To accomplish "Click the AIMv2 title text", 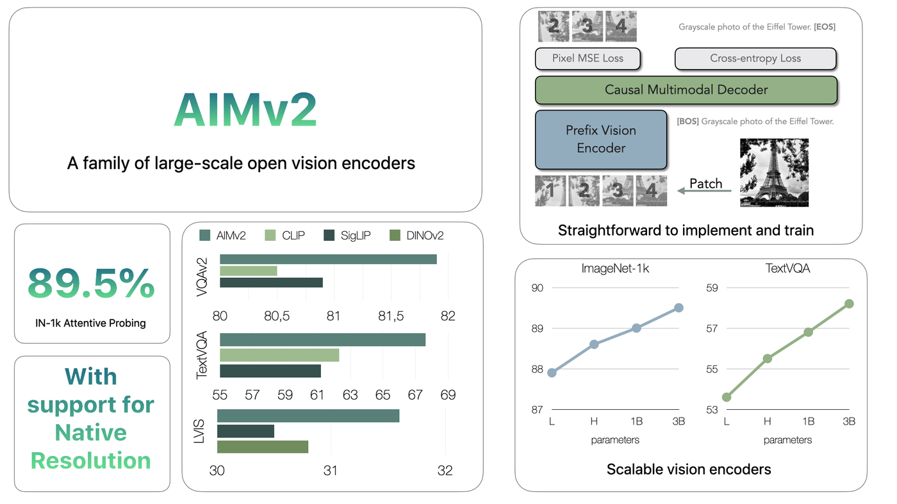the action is [245, 110].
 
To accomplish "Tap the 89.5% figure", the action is [91, 284].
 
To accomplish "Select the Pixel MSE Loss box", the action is [588, 58].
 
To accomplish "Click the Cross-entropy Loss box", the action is [755, 58].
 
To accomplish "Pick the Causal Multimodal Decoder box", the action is [686, 90].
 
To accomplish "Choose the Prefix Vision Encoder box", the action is [601, 140].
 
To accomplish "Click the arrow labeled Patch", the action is [704, 191].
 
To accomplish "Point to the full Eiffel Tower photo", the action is [774, 172].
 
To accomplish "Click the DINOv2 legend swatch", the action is [395, 236].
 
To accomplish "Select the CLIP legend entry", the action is [284, 236].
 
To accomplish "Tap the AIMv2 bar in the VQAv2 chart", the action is [328, 259].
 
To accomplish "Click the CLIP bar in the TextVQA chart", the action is [279, 355].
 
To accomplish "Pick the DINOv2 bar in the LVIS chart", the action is [263, 447].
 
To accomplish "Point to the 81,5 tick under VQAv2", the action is [391, 316].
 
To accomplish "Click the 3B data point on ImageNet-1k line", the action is [679, 308].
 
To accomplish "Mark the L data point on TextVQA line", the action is [727, 397].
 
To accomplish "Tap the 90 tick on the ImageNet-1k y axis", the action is [538, 288].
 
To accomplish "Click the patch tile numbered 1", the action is [550, 191].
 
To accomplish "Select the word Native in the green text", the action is [91, 432].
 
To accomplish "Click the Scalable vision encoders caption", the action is [689, 469].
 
